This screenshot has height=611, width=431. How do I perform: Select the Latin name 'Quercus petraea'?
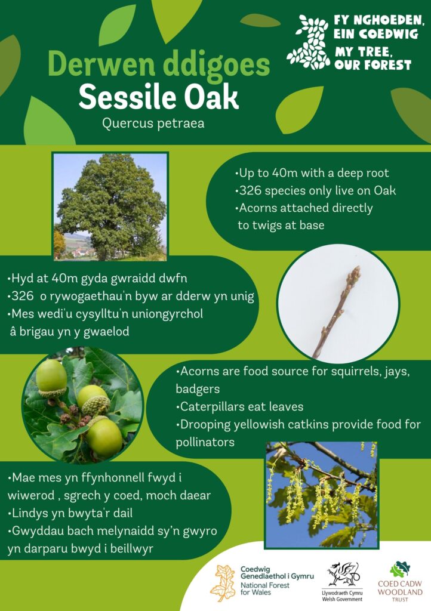153,123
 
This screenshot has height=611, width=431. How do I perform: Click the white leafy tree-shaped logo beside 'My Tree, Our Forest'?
308,42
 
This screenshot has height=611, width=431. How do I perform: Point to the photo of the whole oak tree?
110,206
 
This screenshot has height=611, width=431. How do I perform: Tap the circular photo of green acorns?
83,405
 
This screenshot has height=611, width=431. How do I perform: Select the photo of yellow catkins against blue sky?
322,495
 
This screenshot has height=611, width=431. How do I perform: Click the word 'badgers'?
198,389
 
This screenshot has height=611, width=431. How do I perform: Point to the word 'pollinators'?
205,442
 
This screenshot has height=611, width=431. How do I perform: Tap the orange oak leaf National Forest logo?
223,584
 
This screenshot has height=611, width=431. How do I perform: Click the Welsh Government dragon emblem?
343,575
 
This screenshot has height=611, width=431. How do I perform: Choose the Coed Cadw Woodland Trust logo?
400,582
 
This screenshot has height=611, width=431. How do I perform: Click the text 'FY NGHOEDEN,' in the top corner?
379,20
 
